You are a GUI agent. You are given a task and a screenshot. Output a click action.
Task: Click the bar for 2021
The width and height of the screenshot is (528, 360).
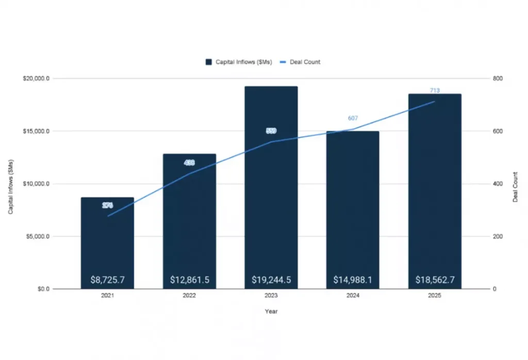pos(107,242)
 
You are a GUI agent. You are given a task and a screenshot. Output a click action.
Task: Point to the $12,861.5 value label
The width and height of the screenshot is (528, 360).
pos(189,280)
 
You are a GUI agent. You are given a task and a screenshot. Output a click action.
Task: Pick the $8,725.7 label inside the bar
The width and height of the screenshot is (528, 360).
pos(107,280)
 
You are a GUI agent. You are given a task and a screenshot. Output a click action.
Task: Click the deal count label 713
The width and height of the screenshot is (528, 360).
pos(435,91)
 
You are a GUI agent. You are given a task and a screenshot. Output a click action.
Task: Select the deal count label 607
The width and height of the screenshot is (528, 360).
pos(353,118)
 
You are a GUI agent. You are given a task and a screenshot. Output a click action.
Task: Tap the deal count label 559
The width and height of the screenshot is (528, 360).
pos(271,131)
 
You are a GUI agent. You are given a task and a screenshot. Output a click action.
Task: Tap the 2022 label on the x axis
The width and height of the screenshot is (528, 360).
pos(189,296)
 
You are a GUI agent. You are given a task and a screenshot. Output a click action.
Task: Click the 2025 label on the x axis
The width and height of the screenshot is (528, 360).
pos(435,296)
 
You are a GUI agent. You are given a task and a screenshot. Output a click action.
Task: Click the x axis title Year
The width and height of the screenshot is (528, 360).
pos(271,312)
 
